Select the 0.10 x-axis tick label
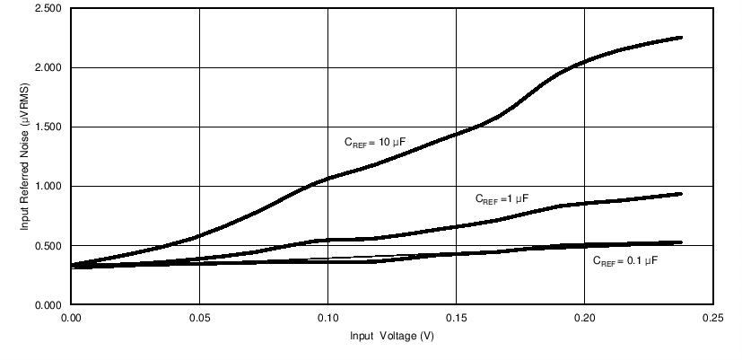[327, 317]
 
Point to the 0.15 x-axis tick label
[457, 317]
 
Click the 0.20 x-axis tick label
[585, 317]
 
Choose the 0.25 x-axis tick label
[714, 317]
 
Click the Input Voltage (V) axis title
[393, 338]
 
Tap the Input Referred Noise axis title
[26, 156]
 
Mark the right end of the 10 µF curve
[682, 38]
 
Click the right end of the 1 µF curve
[682, 194]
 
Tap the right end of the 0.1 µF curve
[682, 242]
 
